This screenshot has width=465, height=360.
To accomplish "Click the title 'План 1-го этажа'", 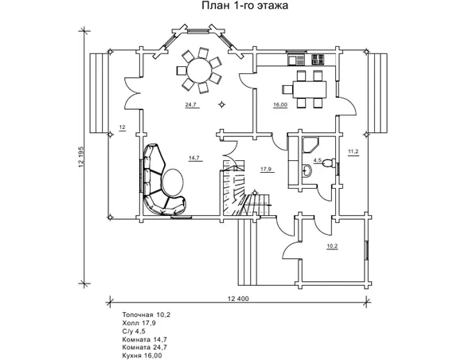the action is pos(244,6).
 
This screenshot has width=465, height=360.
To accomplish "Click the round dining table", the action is pos(199,71).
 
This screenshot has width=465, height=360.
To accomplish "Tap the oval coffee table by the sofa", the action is pos(173,182).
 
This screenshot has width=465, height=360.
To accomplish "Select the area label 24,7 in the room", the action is pos(191,104).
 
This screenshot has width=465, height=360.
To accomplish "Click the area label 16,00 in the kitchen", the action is pos(280,104).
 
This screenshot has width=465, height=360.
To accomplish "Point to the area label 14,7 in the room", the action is pos(194,158).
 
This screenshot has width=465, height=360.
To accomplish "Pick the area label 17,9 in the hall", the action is pos(266,170).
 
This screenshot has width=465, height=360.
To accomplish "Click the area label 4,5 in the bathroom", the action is pos(317,160).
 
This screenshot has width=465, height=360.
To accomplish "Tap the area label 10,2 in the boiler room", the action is pos(332,246).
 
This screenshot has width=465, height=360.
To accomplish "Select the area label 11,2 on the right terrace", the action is pos(354,152).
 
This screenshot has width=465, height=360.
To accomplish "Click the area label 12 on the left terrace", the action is pos(122,127).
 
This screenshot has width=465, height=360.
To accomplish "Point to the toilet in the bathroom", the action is pos(329,162).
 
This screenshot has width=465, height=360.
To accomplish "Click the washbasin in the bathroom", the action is pos(307,171).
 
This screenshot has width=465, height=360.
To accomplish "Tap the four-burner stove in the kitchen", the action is pos(318,60).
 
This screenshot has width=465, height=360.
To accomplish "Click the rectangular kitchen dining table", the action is pos(309,89).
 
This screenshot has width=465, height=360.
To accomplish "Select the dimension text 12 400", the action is pos(238,299).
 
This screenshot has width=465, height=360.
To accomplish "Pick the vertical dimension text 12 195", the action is pos(81,157).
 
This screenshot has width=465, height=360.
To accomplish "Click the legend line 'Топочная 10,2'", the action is pos(147,315).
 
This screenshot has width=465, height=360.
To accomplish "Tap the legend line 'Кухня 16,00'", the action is pos(142,355).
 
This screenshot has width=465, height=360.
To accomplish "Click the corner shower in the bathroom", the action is pos(310,144).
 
